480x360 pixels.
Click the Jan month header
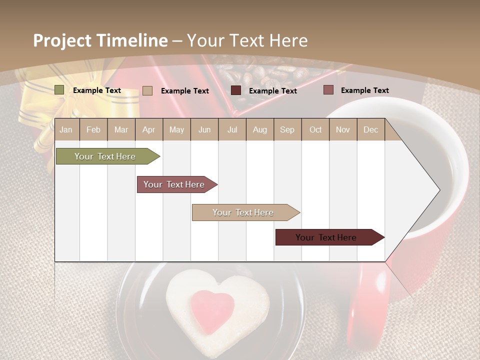(66, 130)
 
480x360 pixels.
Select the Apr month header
(149, 130)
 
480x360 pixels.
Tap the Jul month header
(232, 130)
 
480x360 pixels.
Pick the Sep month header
(287, 130)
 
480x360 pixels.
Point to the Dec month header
(370, 130)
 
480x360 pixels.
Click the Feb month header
(93, 130)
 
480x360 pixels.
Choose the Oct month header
(315, 130)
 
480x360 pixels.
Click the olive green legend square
(59, 90)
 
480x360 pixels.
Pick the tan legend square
(147, 90)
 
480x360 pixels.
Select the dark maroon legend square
(236, 90)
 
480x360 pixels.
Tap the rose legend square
(328, 90)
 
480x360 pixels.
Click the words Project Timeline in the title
(100, 40)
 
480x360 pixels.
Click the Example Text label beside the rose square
(364, 90)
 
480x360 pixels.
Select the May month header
(176, 130)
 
